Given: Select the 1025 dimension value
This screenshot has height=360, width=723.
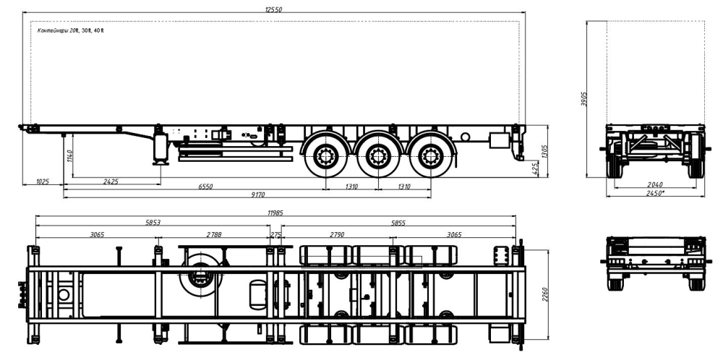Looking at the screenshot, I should point(42,181).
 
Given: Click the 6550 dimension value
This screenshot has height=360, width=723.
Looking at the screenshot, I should point(206,187).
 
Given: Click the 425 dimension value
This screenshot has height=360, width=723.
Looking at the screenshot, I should point(534,168).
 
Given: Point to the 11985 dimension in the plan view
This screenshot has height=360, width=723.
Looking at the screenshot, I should point(275,212).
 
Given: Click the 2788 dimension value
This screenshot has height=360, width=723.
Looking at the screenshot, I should point(214,235).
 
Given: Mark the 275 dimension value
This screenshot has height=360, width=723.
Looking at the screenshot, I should point(275,235).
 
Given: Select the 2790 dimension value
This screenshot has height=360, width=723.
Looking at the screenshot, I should point(337,235).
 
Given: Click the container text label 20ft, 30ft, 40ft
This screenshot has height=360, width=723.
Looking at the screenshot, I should point(70,30).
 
